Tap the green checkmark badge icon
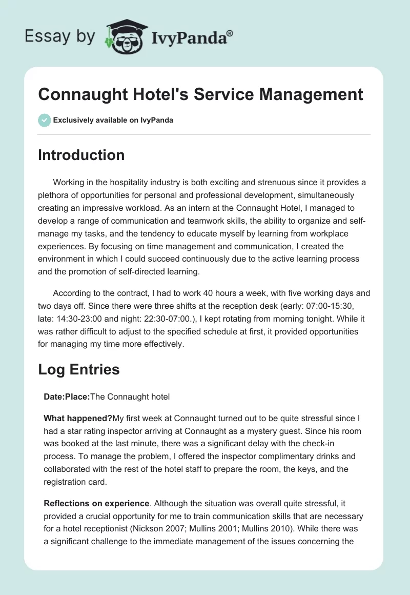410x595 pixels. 45,120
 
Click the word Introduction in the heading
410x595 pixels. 81,155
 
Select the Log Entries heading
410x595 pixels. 79,369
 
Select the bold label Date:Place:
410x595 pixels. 67,396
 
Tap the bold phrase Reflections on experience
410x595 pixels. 88,503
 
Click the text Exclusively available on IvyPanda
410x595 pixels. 113,121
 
